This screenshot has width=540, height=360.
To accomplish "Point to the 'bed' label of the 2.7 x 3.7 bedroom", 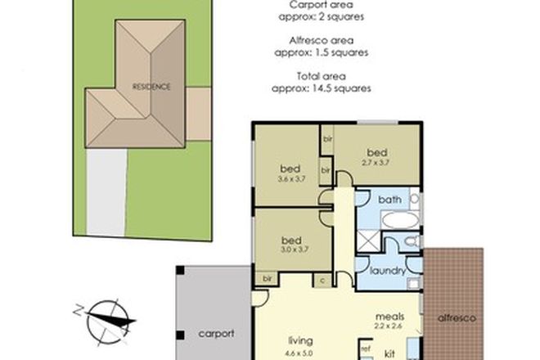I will [x=376, y=152].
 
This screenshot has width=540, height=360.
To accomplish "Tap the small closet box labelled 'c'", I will [x=323, y=280].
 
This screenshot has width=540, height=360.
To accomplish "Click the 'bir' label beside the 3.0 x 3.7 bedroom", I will [x=267, y=280].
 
